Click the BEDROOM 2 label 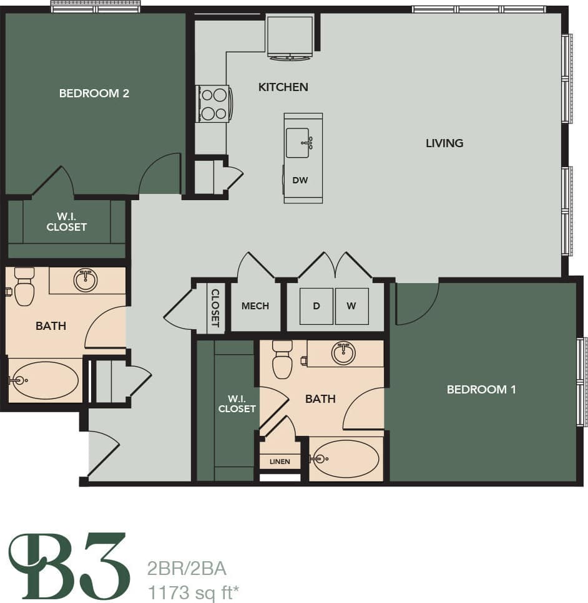(94, 94)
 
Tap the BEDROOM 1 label (481, 390)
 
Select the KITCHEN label (283, 87)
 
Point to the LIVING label (444, 143)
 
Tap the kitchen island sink (298, 143)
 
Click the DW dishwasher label (300, 180)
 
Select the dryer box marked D (316, 306)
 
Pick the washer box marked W (351, 306)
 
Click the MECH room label (255, 306)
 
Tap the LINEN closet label (280, 462)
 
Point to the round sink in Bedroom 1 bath (343, 353)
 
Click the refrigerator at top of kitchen (290, 37)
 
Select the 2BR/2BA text (187, 569)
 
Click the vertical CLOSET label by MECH (215, 308)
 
